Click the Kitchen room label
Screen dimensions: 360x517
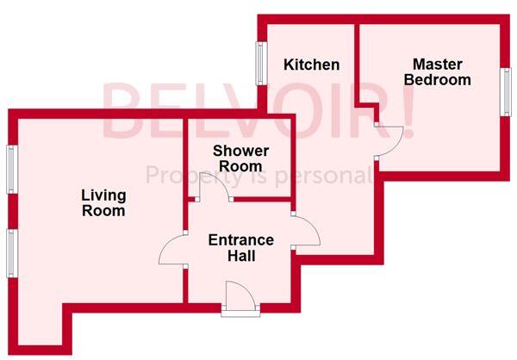click(x=311, y=65)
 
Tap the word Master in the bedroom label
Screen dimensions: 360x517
click(x=437, y=64)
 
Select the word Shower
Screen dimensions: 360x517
click(x=240, y=151)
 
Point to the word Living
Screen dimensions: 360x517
click(x=103, y=195)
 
